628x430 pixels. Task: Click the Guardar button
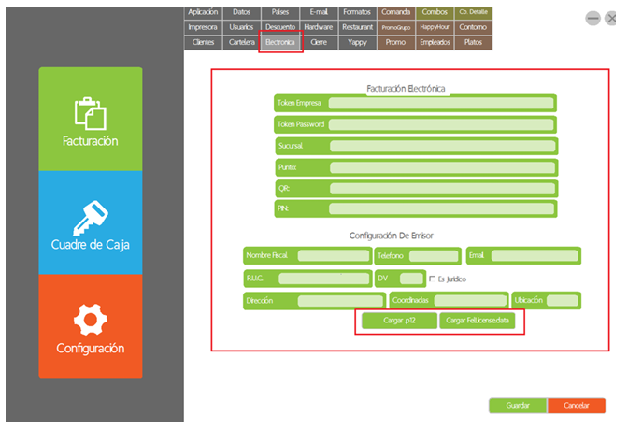tap(518, 406)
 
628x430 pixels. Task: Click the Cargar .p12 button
tap(398, 321)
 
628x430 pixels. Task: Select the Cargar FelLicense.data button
tap(477, 321)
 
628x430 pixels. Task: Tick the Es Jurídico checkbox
tap(432, 279)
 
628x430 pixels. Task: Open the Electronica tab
tap(280, 43)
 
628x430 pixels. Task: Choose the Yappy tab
tap(356, 43)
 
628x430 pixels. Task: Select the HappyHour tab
tap(435, 28)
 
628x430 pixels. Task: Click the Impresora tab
tap(203, 28)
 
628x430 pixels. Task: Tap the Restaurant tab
tap(356, 28)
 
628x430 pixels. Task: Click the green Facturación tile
tap(91, 120)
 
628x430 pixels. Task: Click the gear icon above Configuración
tap(91, 320)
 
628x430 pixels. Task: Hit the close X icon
tap(611, 18)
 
